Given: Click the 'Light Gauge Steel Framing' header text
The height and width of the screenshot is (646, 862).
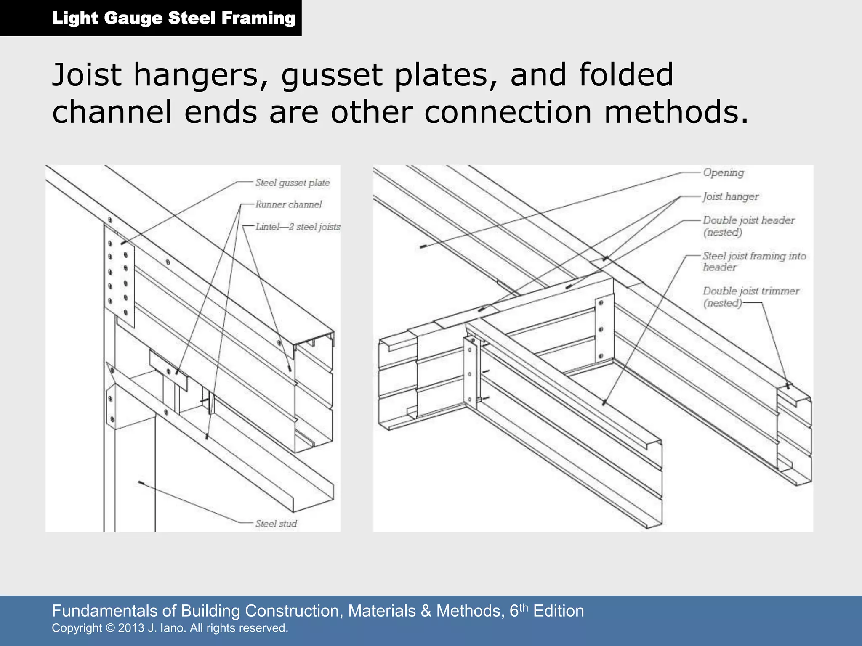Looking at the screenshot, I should click(173, 18).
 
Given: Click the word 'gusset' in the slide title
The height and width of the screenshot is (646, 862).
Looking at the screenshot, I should click(333, 75).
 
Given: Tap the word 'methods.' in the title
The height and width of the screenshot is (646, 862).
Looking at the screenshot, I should click(676, 112).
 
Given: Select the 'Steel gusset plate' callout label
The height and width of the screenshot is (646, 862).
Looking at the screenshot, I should click(292, 183).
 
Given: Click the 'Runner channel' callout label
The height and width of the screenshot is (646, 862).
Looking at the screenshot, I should click(288, 204).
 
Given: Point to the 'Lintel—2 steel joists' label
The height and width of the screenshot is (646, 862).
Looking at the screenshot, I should click(297, 227).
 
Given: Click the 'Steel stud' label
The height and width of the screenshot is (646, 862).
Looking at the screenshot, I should click(276, 524).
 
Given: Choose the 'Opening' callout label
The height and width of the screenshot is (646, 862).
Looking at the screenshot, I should click(723, 172).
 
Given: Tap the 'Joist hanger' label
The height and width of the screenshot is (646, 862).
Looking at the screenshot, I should click(730, 196).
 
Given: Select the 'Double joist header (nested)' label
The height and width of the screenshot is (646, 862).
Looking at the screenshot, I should click(748, 226).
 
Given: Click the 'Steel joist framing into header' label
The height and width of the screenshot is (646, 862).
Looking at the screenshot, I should click(754, 261).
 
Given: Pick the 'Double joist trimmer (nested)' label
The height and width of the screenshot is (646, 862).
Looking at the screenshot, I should click(750, 297).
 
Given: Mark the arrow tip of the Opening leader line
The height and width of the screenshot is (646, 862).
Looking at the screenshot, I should click(422, 247).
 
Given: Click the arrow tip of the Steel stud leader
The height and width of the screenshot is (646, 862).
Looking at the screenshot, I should click(140, 482).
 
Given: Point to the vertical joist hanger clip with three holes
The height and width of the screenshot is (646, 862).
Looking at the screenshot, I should click(601, 329).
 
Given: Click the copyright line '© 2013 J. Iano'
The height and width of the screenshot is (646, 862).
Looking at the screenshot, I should click(170, 628).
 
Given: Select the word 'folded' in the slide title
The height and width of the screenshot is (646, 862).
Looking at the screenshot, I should click(625, 75).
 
